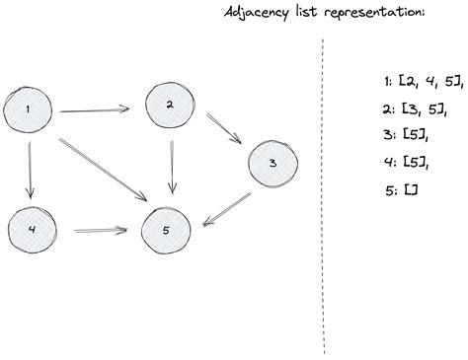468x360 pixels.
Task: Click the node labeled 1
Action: (x=28, y=109)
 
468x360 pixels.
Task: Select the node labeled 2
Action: (x=170, y=106)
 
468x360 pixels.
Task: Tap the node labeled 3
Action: (x=273, y=164)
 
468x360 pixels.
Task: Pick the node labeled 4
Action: (x=32, y=230)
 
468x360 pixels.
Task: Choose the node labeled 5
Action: (x=166, y=231)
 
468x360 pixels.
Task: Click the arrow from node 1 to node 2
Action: (x=94, y=110)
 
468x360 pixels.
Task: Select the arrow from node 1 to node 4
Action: (x=31, y=171)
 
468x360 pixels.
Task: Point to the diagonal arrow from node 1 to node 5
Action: (x=103, y=170)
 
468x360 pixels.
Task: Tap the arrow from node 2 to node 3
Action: (x=224, y=129)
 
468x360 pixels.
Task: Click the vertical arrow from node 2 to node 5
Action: (x=172, y=167)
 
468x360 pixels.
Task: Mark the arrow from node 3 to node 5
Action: (x=227, y=209)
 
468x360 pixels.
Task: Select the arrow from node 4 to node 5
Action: (x=101, y=230)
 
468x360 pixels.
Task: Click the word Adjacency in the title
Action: (x=256, y=13)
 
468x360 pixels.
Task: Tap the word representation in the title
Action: (x=374, y=12)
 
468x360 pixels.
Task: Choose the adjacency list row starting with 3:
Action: (x=406, y=134)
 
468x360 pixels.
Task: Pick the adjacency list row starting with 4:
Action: (x=407, y=162)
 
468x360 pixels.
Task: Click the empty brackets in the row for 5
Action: (x=411, y=190)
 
